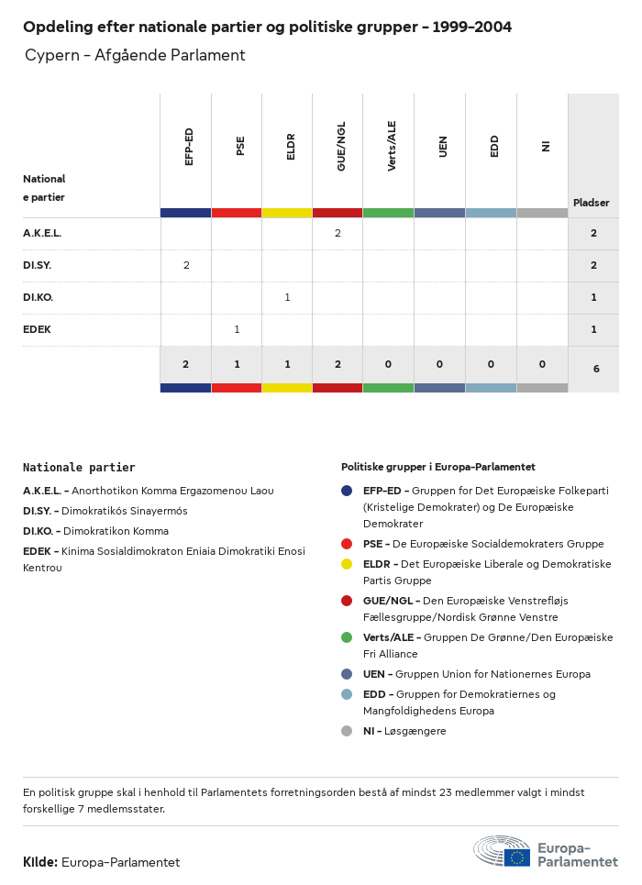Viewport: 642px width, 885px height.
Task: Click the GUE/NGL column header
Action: coord(341,150)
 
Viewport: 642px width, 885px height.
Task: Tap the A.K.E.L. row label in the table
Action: coord(42,234)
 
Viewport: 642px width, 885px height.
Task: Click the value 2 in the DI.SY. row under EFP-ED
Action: coord(186,266)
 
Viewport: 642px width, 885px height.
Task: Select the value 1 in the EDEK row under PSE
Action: coord(237,330)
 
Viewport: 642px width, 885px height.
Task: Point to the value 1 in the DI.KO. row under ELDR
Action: coord(287,298)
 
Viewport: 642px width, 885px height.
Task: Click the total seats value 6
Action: coord(596,369)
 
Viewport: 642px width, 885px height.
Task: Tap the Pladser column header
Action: coord(592,203)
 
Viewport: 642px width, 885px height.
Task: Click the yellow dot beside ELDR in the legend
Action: coord(347,564)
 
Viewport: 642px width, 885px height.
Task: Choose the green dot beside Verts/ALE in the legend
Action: coord(347,637)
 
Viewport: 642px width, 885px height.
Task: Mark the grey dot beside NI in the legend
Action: coord(347,731)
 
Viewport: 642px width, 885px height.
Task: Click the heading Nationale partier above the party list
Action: coord(79,468)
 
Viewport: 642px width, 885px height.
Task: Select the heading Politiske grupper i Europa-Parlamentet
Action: coord(438,468)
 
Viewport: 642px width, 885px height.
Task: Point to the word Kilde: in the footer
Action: coord(40,863)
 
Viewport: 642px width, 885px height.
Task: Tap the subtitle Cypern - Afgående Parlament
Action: coord(135,56)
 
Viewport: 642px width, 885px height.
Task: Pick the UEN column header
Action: coord(443,147)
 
